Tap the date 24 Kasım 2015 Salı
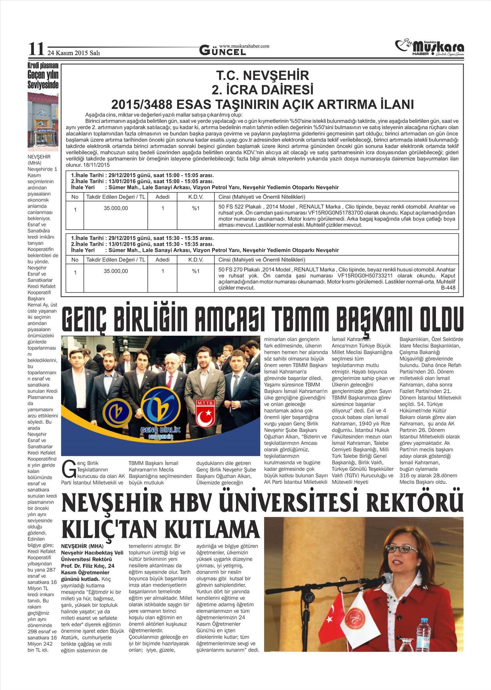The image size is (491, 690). tap(74, 53)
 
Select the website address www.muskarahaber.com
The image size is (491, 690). tap(244, 46)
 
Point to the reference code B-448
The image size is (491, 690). tap(448, 288)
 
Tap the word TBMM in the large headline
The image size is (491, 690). tap(301, 319)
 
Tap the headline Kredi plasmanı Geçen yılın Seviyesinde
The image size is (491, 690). tap(43, 76)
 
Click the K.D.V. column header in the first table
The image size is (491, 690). tap(196, 197)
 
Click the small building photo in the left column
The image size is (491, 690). tap(43, 121)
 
